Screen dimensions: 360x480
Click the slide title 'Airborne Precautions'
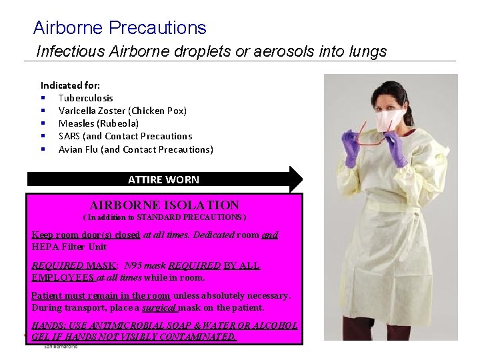[x=120, y=28]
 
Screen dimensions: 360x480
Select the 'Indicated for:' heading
[x=71, y=85]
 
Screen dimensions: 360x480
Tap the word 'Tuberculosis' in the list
[x=86, y=98]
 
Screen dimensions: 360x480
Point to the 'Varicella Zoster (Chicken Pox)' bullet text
[x=123, y=111]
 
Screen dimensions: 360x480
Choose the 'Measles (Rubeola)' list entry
[x=99, y=123]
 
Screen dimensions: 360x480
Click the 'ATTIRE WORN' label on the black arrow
[x=163, y=179]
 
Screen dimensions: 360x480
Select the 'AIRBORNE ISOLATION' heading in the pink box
[x=164, y=205]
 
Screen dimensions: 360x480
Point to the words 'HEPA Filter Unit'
[x=69, y=247]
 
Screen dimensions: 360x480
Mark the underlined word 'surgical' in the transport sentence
[x=159, y=308]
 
